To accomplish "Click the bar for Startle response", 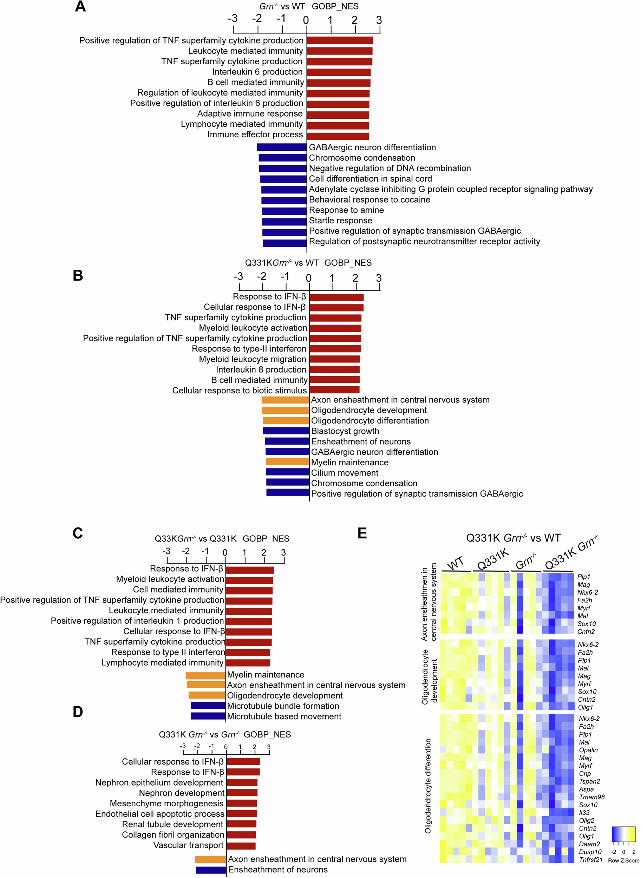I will coord(284,222).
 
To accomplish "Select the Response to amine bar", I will coord(284,211).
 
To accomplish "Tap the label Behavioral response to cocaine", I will coord(369,200).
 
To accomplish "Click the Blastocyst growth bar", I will coord(286,431).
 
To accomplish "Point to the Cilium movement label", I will coord(345,473).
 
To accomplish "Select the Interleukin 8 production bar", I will coord(334,369).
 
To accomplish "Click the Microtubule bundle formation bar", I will coord(208,706).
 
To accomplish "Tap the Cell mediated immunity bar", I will coord(249,590).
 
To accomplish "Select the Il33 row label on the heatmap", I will coord(584,813).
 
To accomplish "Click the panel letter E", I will coord(362,533).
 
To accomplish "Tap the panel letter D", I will coord(78,712).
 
